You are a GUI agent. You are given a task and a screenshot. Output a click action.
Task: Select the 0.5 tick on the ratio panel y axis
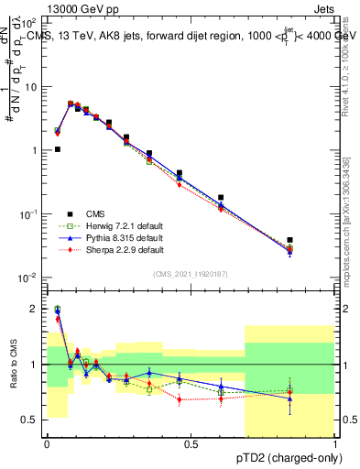point(31,420)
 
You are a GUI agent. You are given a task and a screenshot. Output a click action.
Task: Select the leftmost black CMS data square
point(58,149)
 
